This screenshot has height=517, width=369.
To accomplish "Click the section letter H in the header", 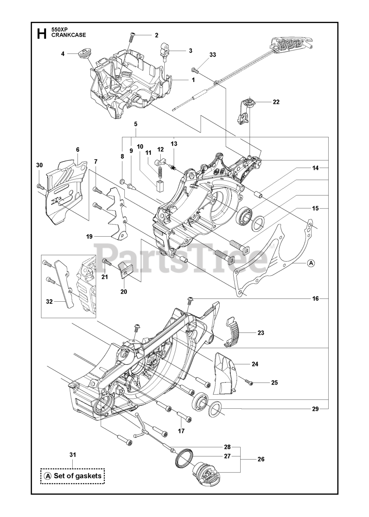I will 41,33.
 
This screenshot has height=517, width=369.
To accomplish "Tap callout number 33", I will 213,55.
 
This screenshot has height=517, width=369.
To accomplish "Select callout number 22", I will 276,102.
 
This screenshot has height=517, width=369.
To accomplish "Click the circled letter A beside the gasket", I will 310,263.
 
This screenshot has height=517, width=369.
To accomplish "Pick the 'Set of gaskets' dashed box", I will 73,475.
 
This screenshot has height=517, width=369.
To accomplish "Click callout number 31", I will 73,455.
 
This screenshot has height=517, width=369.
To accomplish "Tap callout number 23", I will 261,333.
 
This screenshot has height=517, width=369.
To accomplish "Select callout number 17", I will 181,431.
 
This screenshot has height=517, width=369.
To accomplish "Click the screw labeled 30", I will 40,187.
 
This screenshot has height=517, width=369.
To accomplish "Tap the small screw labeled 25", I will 250,382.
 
